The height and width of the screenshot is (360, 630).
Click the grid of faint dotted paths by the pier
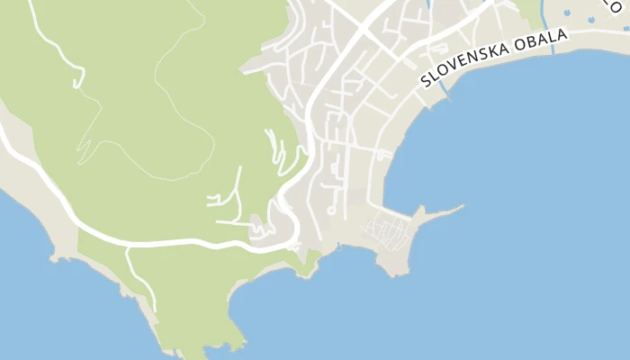coord(387,233)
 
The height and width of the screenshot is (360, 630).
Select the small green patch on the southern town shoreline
coord(310,264)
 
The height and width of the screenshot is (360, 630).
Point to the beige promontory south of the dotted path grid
coord(393,262)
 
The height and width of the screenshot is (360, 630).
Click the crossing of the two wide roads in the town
coord(355,40)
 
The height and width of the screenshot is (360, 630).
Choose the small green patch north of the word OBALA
coord(529,11)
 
